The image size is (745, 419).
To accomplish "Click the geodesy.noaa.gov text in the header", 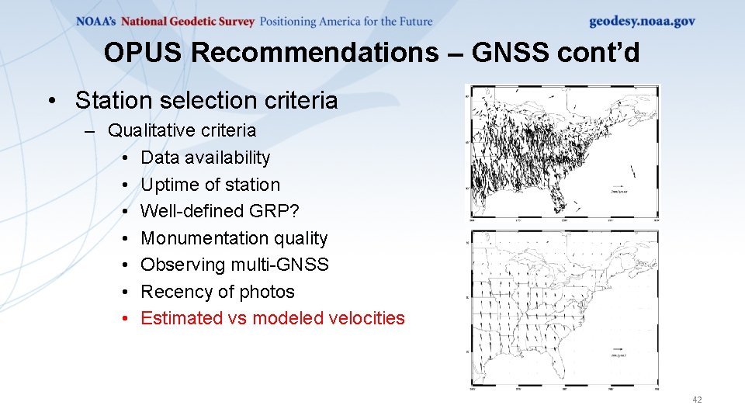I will coord(642,22).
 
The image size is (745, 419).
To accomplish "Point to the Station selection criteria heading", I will coord(206,100).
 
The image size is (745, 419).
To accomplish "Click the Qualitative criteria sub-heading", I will coord(182,130).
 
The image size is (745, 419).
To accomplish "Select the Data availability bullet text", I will coord(206,158).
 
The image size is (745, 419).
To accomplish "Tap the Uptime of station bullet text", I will coord(210,185).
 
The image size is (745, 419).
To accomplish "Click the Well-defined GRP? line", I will coord(220,211).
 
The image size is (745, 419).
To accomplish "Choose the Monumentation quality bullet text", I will coord(234,238).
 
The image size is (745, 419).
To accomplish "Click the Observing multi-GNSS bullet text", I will coord(234,265).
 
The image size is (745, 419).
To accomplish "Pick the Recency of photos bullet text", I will coord(217,292).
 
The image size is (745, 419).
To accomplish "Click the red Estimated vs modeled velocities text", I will coord(272,318).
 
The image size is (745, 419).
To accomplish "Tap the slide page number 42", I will coord(696,400).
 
